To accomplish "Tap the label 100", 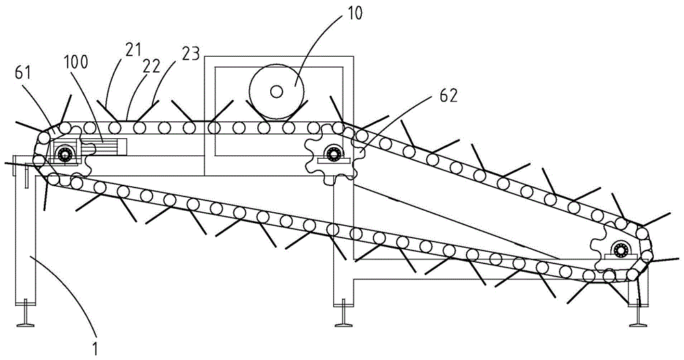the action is [77, 62].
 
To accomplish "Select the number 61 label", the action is [23, 73].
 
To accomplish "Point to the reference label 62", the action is [449, 96].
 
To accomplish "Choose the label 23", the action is [190, 53].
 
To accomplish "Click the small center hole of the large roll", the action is [276, 91].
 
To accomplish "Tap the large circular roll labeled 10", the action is [276, 91].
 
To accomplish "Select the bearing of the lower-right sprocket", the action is [620, 250].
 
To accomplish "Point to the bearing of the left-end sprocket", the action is [66, 153].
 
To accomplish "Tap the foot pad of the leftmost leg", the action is [26, 323].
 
